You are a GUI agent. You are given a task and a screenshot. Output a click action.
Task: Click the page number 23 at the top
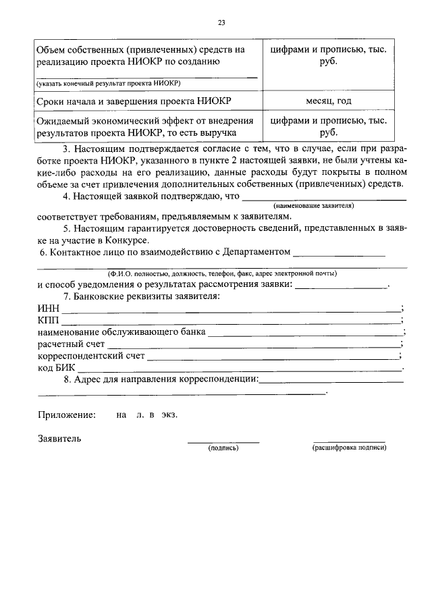pyautogui.click(x=221, y=23)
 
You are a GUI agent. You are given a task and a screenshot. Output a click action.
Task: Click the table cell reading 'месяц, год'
pyautogui.click(x=328, y=101)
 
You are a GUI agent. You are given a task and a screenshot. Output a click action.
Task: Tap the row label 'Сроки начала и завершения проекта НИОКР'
pyautogui.click(x=135, y=101)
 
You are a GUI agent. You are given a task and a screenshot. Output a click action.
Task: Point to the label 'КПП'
pyautogui.click(x=49, y=320)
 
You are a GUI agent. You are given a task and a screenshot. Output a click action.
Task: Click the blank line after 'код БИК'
pyautogui.click(x=240, y=369)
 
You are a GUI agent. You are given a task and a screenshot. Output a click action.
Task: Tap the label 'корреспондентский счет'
pyautogui.click(x=90, y=356)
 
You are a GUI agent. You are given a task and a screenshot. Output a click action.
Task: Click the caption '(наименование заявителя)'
pyautogui.click(x=314, y=205)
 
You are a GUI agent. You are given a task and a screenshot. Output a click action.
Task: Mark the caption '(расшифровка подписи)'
pyautogui.click(x=349, y=448)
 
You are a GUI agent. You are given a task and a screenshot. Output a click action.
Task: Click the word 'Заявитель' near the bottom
pyautogui.click(x=60, y=438)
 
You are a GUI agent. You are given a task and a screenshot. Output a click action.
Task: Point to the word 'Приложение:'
pyautogui.click(x=67, y=415)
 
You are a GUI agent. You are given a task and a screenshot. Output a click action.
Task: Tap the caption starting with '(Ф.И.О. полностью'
pyautogui.click(x=222, y=273)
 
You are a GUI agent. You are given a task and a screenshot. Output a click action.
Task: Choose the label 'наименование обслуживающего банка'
pyautogui.click(x=122, y=332)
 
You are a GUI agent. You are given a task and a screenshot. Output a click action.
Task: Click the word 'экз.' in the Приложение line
pyautogui.click(x=169, y=415)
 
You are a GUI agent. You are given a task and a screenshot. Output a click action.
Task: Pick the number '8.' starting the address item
pyautogui.click(x=67, y=381)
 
